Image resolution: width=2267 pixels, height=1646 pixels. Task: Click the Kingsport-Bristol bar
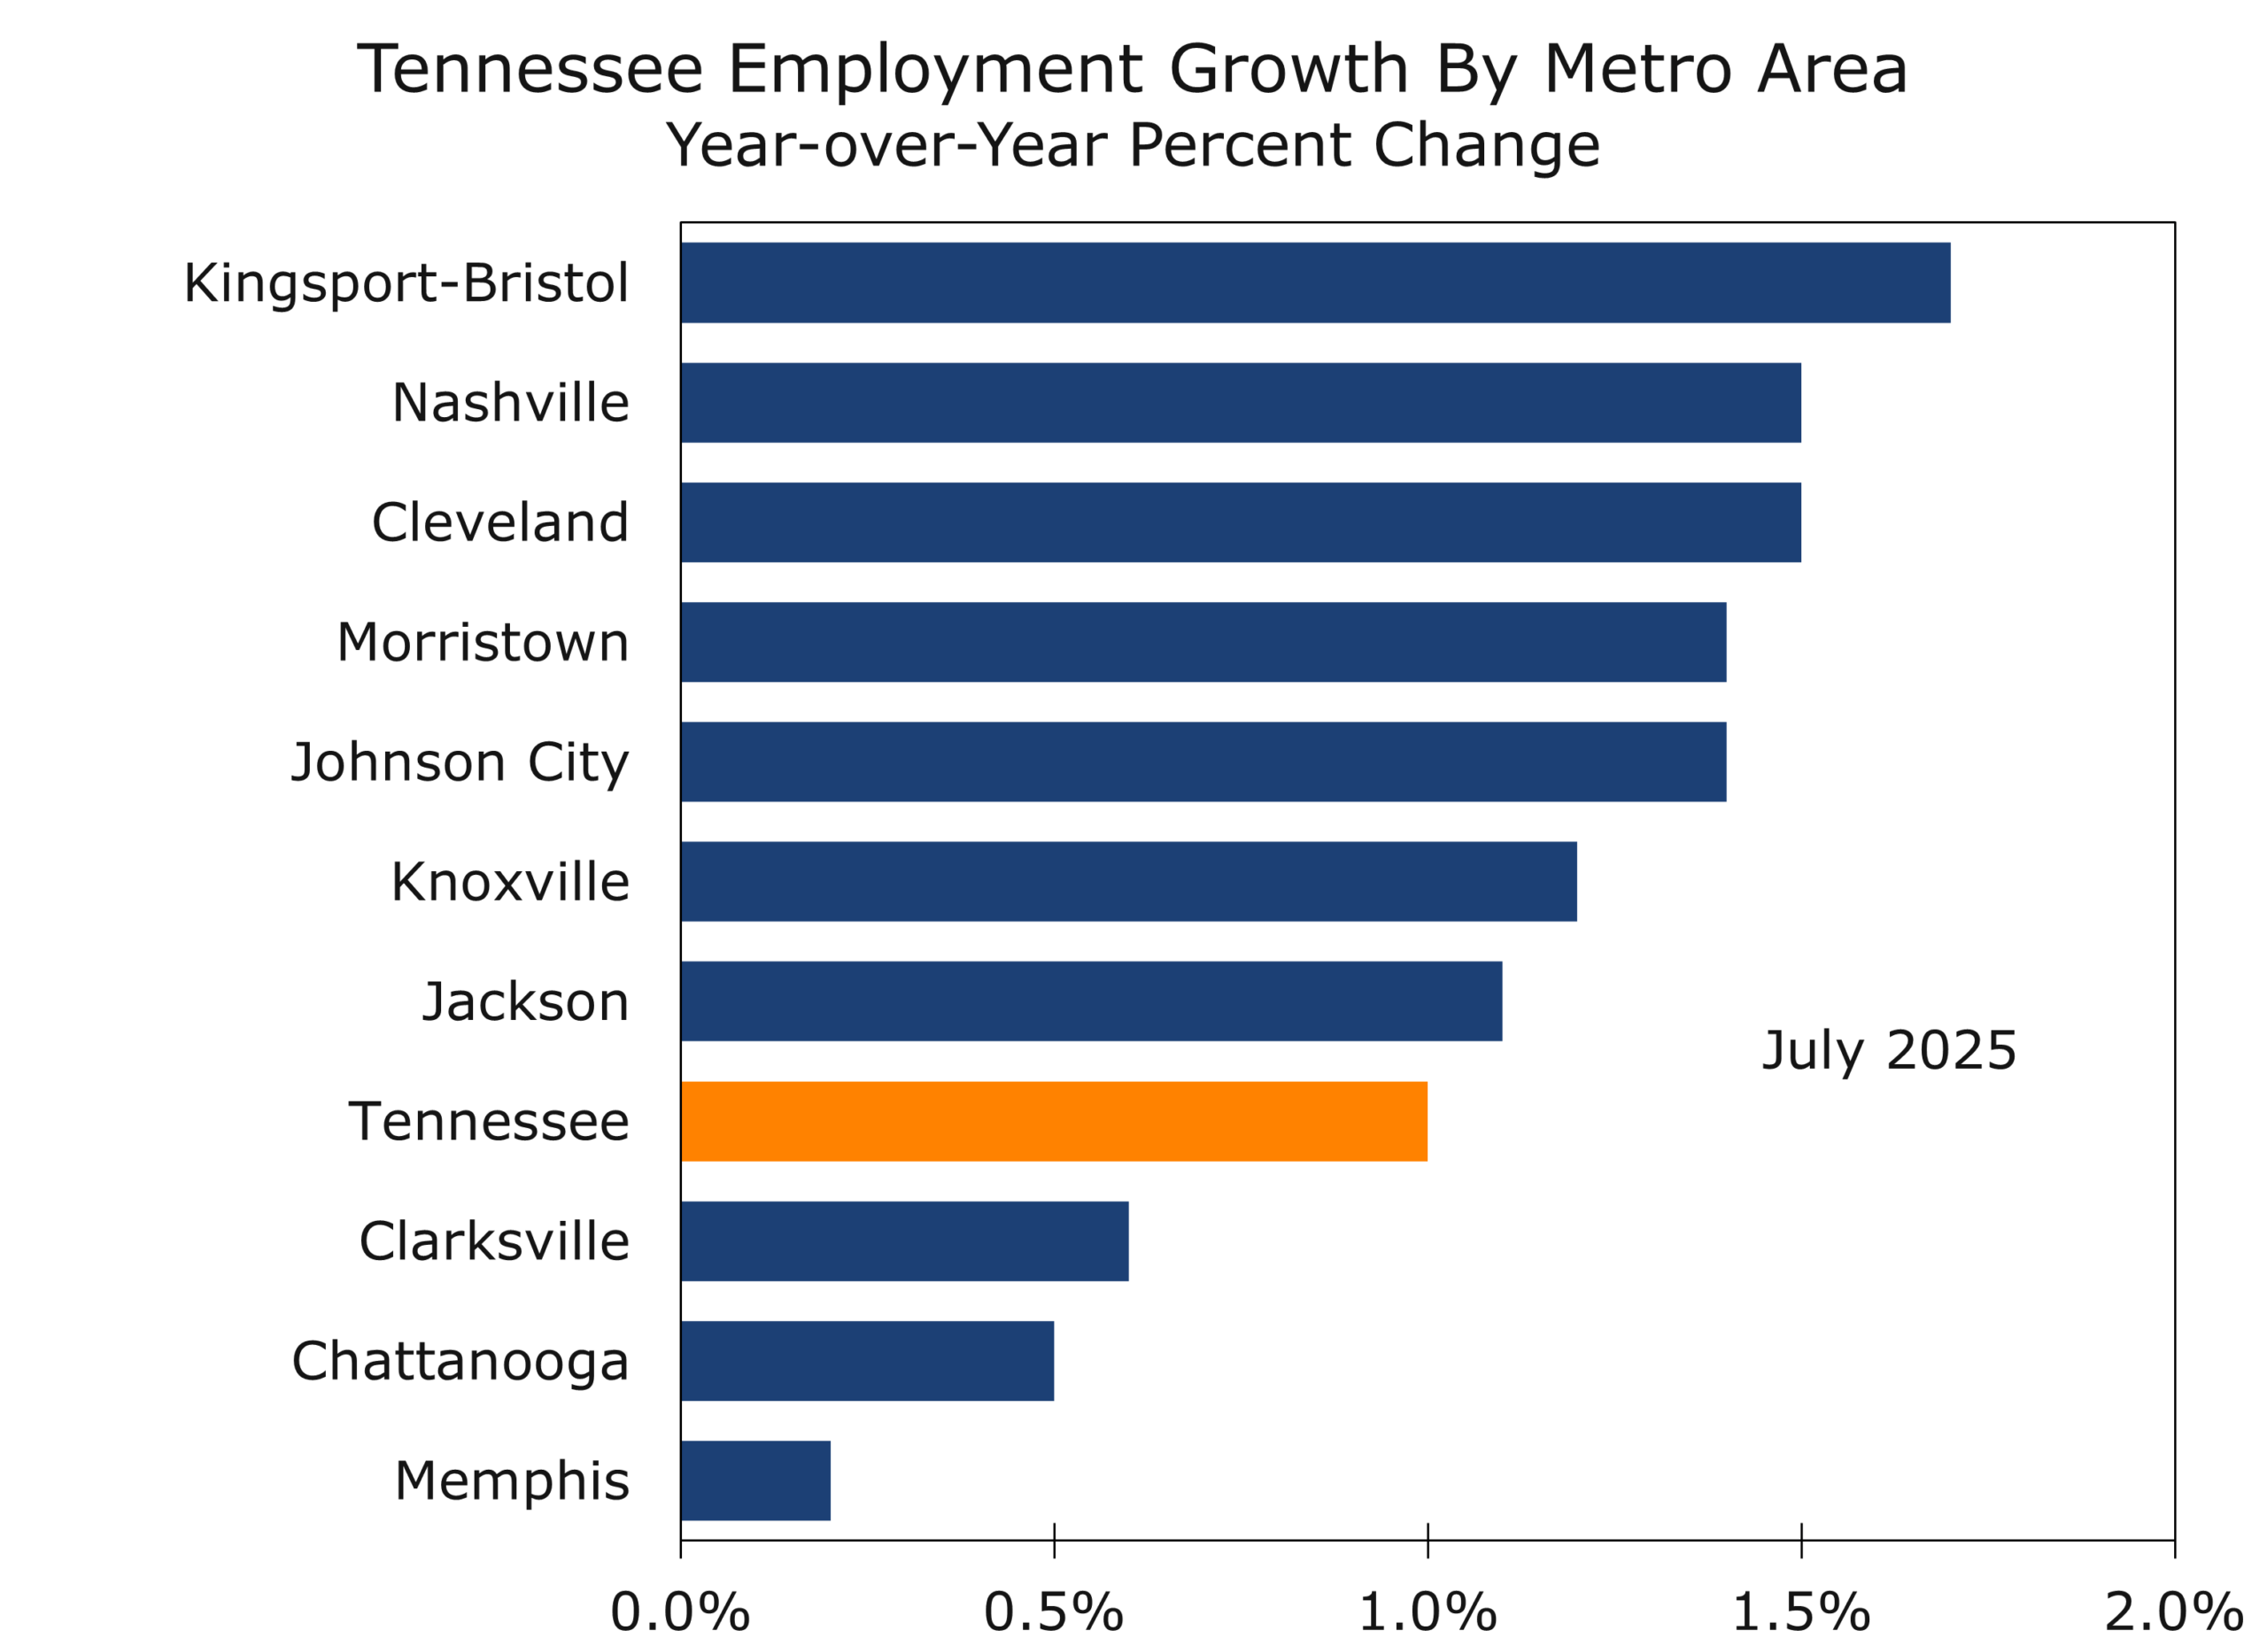(1314, 282)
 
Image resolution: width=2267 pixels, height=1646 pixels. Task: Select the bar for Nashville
(1240, 403)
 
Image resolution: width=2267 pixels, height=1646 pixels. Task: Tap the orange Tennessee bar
(1054, 1121)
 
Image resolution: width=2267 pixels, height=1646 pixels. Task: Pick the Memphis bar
(755, 1481)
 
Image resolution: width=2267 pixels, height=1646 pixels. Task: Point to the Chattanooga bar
(867, 1361)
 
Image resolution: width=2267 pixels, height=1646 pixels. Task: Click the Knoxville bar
(1128, 882)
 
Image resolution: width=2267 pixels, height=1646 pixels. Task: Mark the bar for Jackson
(1090, 1001)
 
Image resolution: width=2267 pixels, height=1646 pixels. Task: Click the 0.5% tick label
(1054, 1612)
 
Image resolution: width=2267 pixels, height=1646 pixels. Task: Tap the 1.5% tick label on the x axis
(1800, 1612)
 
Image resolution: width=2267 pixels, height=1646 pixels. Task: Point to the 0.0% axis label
(680, 1612)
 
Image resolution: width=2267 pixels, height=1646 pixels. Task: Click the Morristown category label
(483, 643)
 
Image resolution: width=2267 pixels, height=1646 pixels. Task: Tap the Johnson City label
(460, 763)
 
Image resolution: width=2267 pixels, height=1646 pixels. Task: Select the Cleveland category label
(499, 522)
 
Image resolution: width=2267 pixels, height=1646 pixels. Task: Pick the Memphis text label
(512, 1481)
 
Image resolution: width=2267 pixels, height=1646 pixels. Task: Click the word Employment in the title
(934, 70)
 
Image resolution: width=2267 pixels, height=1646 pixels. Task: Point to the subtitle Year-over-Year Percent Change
(1133, 146)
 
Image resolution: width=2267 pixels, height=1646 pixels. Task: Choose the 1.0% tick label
(1428, 1612)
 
